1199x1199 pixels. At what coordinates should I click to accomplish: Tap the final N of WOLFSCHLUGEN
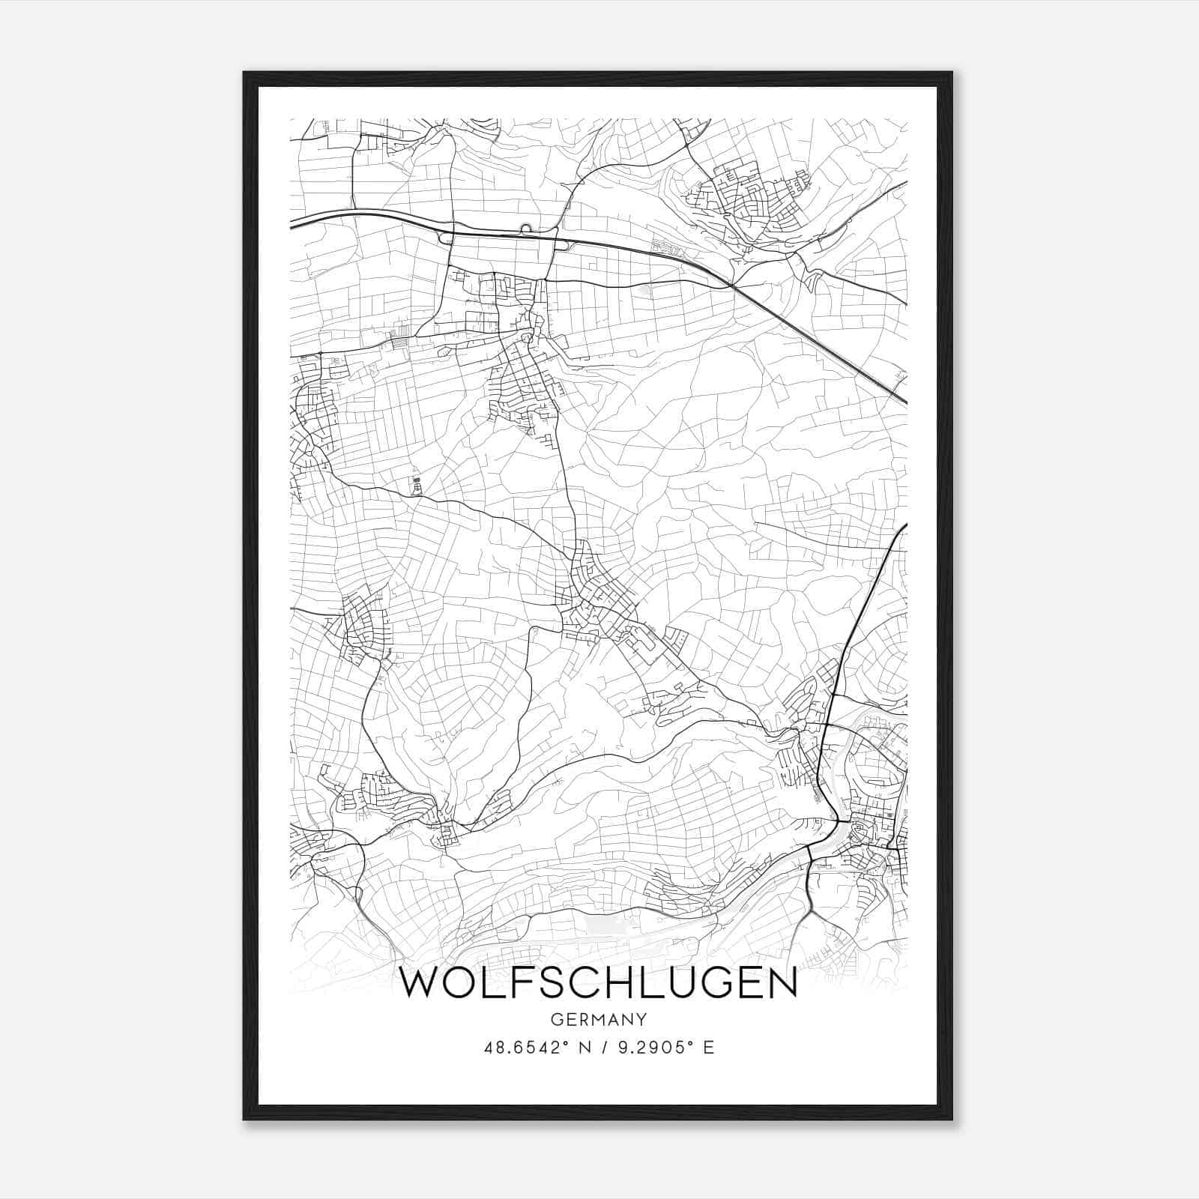pyautogui.click(x=782, y=984)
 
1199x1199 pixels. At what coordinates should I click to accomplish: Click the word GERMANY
pyautogui.click(x=598, y=1019)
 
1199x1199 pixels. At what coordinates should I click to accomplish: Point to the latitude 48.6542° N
pyautogui.click(x=532, y=1048)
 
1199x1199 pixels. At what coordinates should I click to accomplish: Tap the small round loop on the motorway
pyautogui.click(x=525, y=228)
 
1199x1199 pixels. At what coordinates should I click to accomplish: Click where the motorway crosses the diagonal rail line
pyautogui.click(x=731, y=286)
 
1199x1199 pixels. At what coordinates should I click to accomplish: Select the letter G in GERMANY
pyautogui.click(x=555, y=1019)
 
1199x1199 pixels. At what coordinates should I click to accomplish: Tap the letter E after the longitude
pyautogui.click(x=708, y=1048)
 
